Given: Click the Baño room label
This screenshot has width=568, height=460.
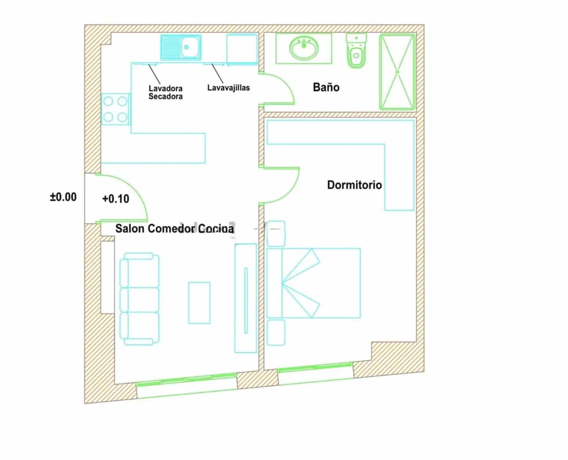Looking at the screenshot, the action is point(326,87).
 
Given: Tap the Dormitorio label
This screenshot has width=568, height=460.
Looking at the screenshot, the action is point(354,185).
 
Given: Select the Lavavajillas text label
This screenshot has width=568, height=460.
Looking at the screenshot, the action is point(228,88).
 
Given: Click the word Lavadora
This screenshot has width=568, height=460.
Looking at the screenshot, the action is point(165,89).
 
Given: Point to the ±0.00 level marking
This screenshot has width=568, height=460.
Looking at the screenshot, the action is point(63,197).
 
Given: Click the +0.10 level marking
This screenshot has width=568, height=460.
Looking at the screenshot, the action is point(115,199).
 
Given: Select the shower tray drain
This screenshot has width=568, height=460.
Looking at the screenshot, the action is point(397,72).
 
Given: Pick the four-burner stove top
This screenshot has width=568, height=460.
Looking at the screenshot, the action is point(115,109).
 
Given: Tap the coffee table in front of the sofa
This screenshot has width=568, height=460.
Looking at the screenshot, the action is point(199,303).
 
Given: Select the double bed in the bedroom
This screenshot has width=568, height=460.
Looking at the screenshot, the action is point(314,283).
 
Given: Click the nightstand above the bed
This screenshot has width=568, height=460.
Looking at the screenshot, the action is point(276,233).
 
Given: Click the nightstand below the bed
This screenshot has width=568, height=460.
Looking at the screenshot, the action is point(276,332).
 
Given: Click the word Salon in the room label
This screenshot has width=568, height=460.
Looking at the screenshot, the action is point(130,228).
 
